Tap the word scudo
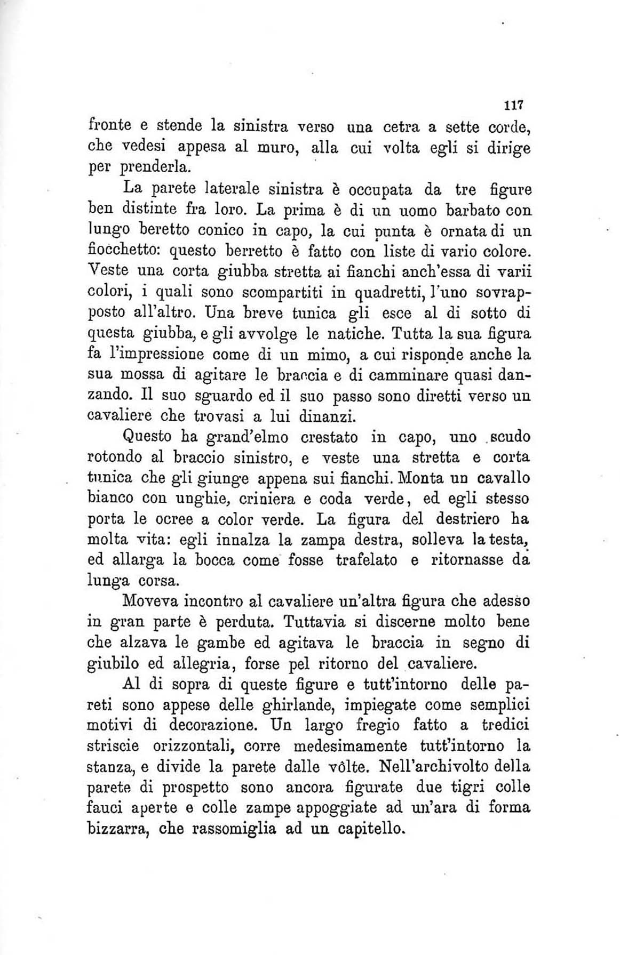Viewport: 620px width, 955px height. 509,437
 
